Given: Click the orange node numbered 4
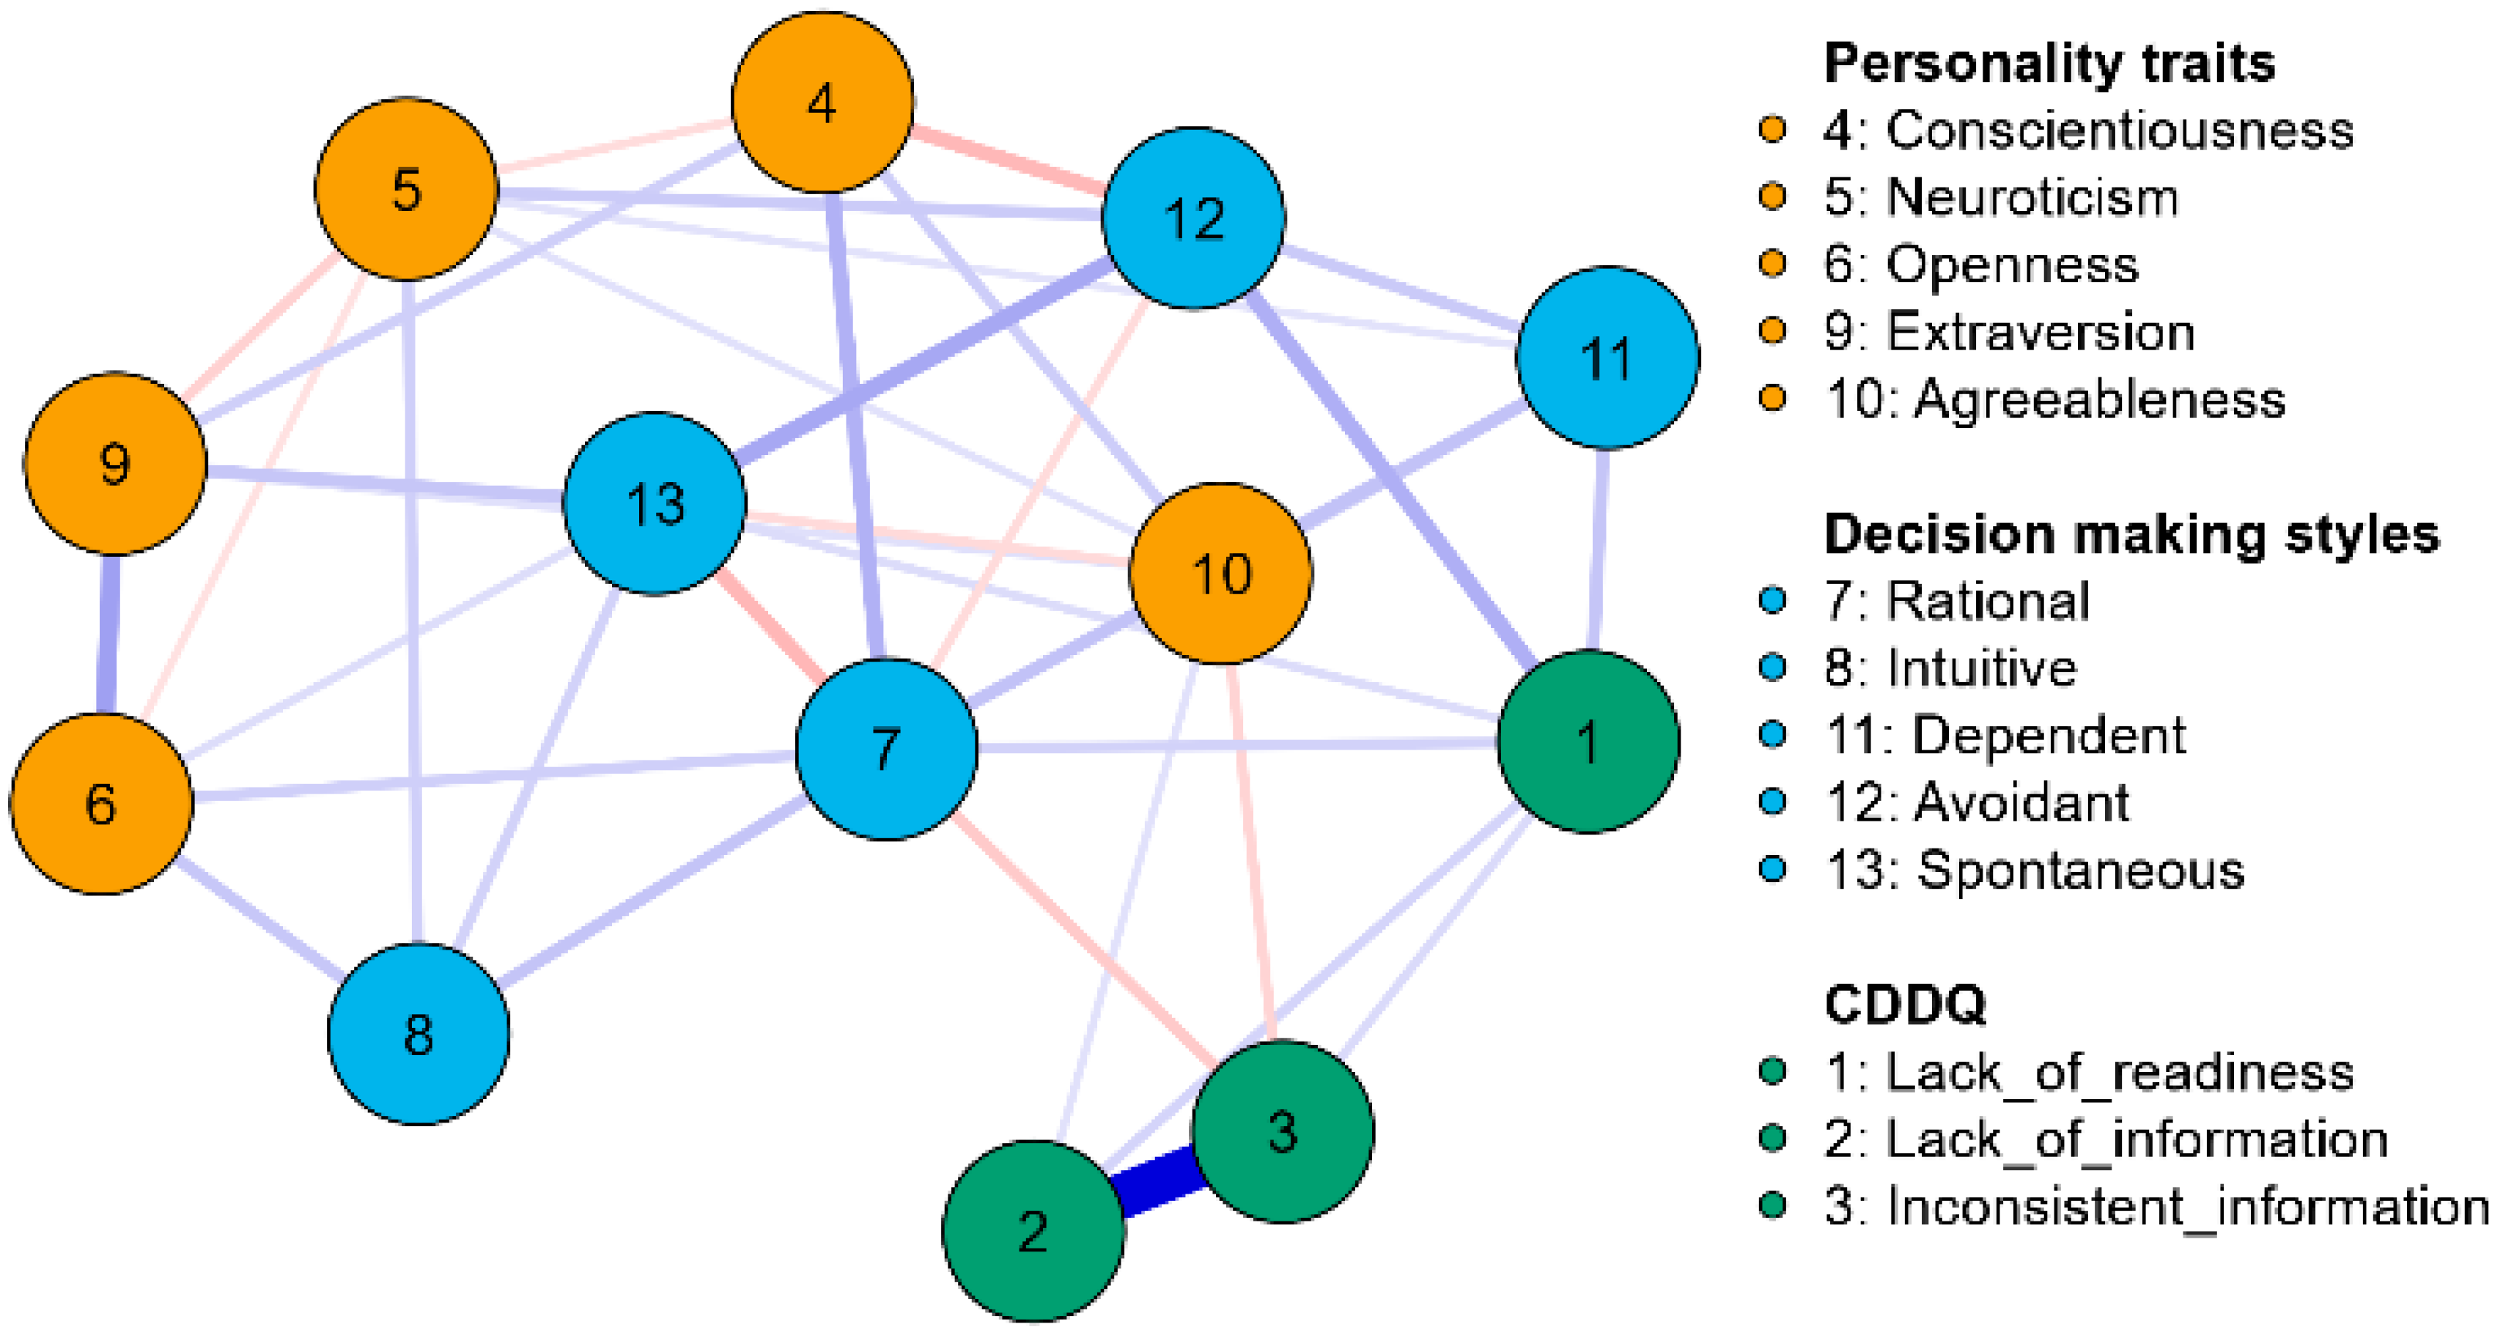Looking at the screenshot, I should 822,102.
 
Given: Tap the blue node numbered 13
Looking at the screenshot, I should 655,503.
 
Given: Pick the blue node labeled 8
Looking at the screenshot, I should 419,1033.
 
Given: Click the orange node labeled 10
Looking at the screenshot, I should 1221,573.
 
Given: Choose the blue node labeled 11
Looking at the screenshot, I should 1607,358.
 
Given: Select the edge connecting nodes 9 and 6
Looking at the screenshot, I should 108,634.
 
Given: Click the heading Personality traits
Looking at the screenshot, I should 2049,64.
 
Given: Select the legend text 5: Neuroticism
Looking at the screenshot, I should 2001,197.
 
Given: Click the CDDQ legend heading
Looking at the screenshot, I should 1904,1004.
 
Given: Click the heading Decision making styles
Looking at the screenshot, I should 2131,534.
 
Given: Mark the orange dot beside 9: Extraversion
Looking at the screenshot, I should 1772,331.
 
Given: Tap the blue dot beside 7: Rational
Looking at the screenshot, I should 1772,601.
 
